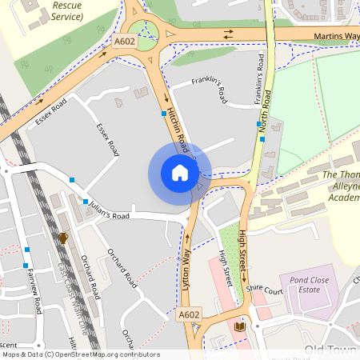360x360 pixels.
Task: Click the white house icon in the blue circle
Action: [180, 172]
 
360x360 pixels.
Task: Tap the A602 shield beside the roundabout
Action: [124, 42]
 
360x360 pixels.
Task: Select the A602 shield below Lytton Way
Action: [189, 314]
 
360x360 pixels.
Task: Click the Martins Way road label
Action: [335, 35]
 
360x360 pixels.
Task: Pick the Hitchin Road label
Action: [176, 132]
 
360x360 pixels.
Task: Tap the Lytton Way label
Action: [189, 268]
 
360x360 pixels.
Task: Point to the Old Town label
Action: [328, 350]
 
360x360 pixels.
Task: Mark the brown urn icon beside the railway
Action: [63, 238]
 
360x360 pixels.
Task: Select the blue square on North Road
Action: [262, 138]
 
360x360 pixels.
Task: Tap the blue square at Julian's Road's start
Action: [86, 202]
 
